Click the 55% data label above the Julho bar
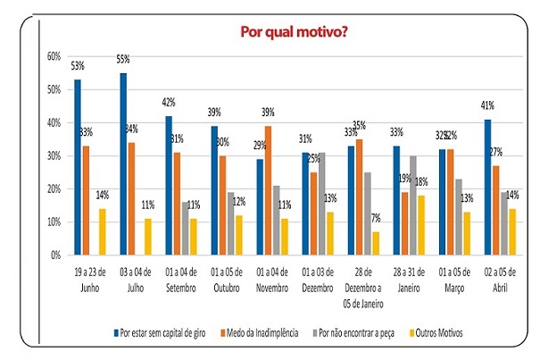[122, 60]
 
